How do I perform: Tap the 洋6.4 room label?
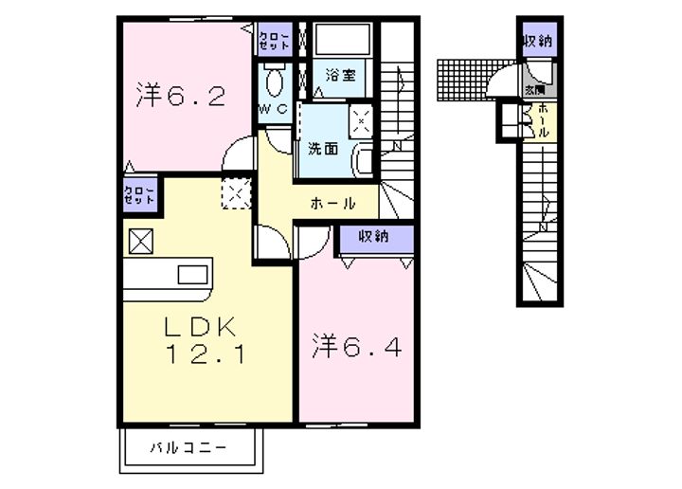click(358, 348)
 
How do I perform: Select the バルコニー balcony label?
click(188, 447)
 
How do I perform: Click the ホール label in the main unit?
click(332, 203)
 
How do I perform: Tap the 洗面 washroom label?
click(322, 148)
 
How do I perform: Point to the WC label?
click(273, 110)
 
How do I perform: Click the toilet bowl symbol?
click(276, 83)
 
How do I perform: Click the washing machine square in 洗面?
click(362, 119)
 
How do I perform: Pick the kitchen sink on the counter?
click(192, 276)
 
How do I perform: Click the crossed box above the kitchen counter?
click(138, 241)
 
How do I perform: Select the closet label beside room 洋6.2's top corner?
click(275, 40)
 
